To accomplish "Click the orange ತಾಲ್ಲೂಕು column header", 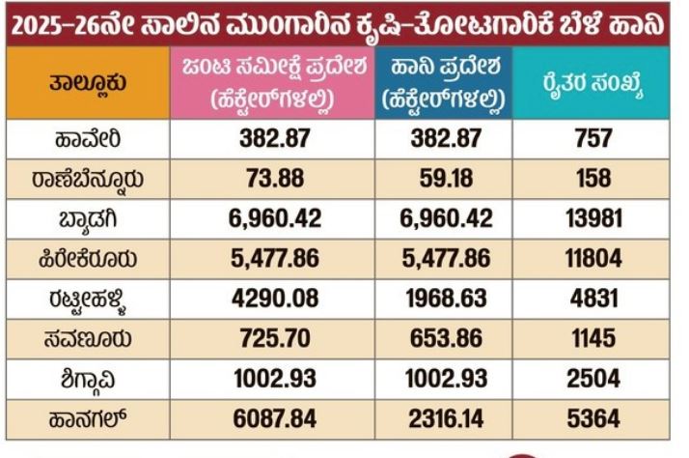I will pos(88,84).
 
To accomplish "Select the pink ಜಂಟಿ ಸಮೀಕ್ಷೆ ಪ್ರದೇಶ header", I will pos(269,84).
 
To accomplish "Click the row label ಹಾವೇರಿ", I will pos(88,138).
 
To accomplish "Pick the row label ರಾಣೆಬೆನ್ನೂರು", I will pos(88,178).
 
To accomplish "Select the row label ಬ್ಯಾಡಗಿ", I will pos(88,217).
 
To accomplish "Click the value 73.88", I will pos(269,178).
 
